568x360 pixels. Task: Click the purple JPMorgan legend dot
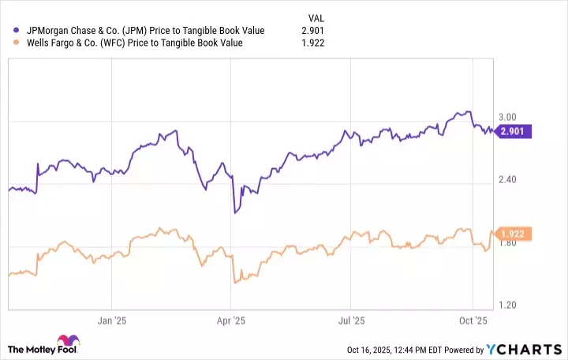pyautogui.click(x=16, y=31)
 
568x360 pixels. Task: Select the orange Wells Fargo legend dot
pyautogui.click(x=16, y=43)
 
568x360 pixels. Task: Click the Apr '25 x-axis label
pyautogui.click(x=230, y=321)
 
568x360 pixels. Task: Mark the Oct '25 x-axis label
pyautogui.click(x=472, y=321)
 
